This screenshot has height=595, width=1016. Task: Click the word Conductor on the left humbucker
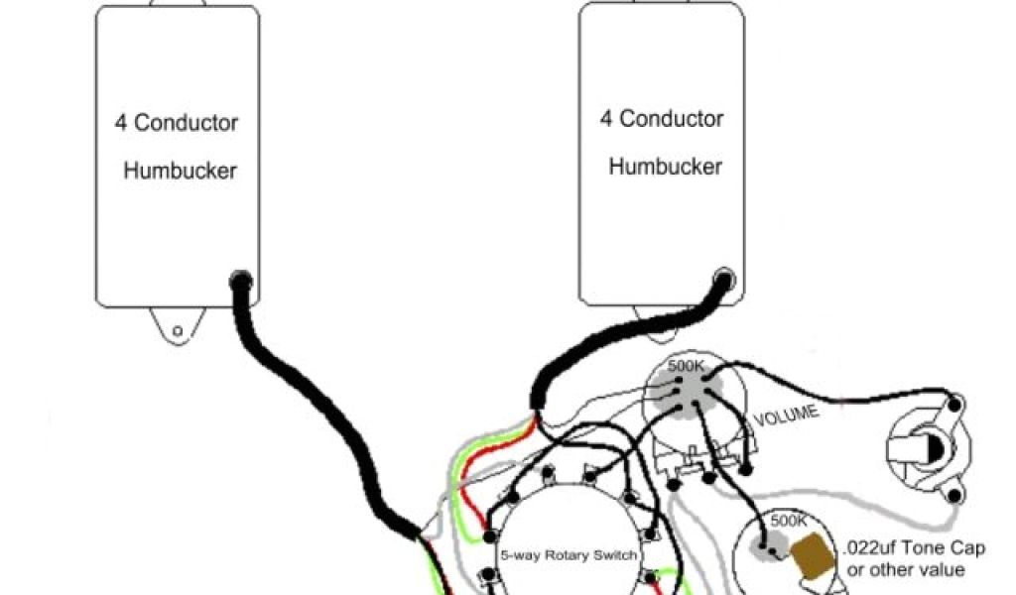(x=186, y=123)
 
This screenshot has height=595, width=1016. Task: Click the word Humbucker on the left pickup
(x=180, y=171)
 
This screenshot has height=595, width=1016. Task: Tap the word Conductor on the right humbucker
(x=672, y=119)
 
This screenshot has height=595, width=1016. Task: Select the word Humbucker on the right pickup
(x=665, y=167)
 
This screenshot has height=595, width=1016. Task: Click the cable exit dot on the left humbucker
(x=240, y=281)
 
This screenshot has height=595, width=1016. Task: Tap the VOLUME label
(x=787, y=415)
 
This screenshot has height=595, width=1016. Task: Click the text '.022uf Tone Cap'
(x=915, y=548)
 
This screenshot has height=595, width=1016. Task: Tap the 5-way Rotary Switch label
(x=569, y=554)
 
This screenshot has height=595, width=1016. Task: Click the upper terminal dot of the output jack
(x=954, y=404)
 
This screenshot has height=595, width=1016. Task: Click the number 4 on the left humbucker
(x=119, y=123)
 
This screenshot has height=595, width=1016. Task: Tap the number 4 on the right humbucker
(x=605, y=119)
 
